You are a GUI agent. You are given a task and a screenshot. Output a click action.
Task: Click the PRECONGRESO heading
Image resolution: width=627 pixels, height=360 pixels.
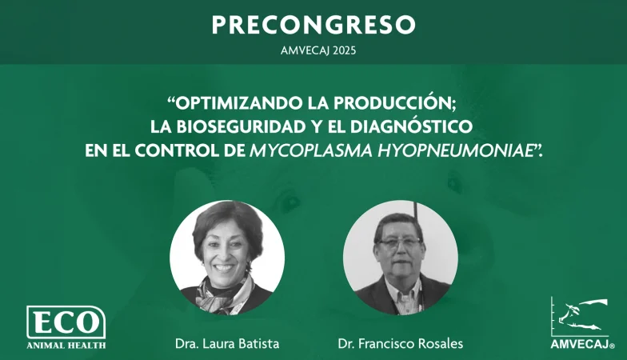(x=313, y=25)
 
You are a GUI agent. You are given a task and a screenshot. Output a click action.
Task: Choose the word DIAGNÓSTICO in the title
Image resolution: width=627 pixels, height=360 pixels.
(x=411, y=126)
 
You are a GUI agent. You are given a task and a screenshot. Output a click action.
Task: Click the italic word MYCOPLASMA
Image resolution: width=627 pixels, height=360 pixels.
(x=310, y=150)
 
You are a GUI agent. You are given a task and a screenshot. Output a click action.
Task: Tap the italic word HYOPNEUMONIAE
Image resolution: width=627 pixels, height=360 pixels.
(x=456, y=150)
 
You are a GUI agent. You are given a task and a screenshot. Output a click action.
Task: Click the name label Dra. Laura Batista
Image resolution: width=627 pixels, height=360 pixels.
(x=227, y=344)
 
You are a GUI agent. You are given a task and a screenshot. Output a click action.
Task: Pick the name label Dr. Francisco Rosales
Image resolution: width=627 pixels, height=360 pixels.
(x=400, y=344)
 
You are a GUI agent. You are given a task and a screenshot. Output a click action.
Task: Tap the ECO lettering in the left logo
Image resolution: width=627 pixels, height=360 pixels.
(x=66, y=322)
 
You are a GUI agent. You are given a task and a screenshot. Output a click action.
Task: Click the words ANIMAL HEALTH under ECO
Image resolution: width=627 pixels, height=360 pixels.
(x=66, y=345)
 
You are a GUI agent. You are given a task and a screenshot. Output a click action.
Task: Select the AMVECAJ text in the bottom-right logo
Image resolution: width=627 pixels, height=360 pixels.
(x=581, y=344)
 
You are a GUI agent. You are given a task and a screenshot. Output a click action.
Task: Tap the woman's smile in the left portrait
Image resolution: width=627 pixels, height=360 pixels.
(x=224, y=267)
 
